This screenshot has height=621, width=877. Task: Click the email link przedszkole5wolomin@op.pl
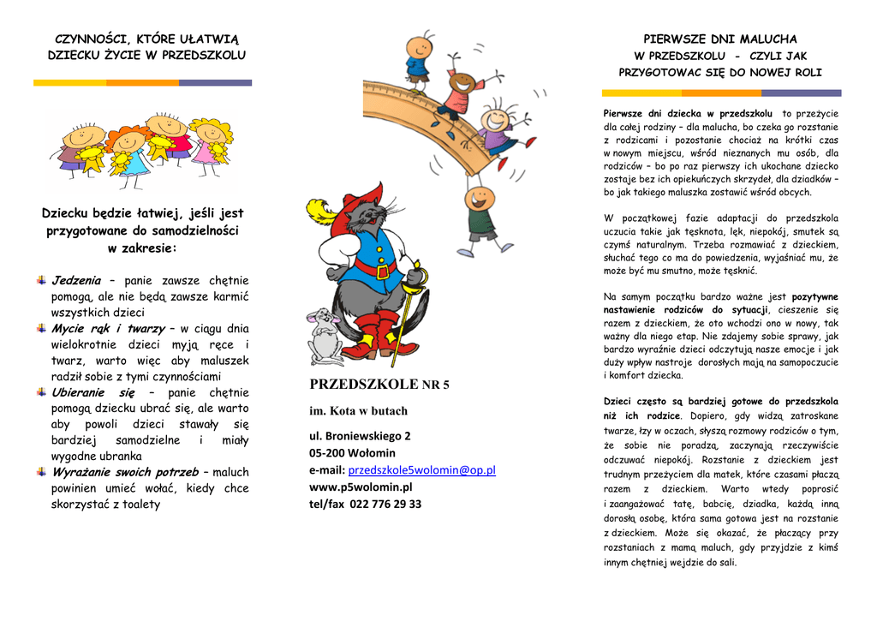coord(422,470)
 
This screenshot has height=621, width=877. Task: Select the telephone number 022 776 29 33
coord(385,505)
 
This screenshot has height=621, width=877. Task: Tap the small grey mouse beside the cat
coord(324,334)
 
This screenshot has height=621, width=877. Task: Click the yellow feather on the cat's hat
coord(319,210)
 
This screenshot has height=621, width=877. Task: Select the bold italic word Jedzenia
coord(76,280)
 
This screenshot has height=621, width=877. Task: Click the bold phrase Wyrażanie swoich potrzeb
coord(124,472)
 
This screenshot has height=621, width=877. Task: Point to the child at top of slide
coord(419,58)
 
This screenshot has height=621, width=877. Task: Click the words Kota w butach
coord(370,411)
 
